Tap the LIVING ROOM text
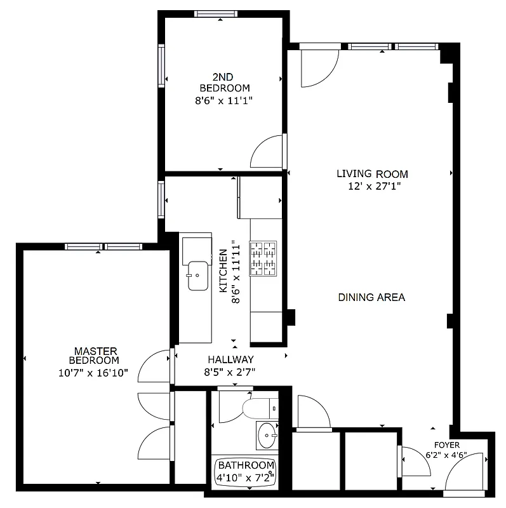[x=372, y=174]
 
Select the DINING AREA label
[x=371, y=297]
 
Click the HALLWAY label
[x=229, y=359]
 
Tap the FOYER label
[x=446, y=445]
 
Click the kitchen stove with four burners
[x=263, y=258]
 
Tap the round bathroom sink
[x=268, y=436]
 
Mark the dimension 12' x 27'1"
[x=372, y=186]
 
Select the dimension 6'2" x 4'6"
[x=446, y=455]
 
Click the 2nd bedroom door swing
[x=267, y=153]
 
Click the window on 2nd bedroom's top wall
[x=216, y=14]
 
